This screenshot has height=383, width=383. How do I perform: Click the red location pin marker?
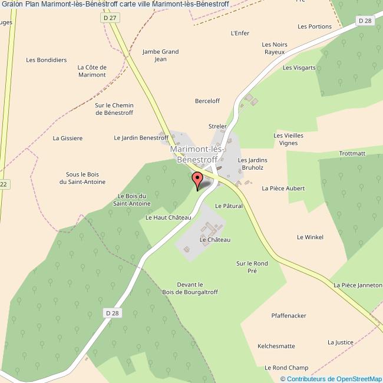click(197, 179)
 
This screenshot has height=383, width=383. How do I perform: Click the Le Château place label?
click(215, 240)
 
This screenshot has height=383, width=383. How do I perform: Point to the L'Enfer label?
click(240, 33)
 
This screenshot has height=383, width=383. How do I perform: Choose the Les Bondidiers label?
click(47, 60)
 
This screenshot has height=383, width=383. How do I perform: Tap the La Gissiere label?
click(68, 138)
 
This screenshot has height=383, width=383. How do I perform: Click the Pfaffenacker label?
click(289, 316)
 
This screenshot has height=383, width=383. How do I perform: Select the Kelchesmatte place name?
click(276, 346)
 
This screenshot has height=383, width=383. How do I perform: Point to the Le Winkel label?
click(310, 237)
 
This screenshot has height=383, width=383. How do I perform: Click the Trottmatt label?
click(352, 153)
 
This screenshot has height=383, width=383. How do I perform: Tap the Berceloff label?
click(207, 101)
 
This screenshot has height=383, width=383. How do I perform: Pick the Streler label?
click(217, 126)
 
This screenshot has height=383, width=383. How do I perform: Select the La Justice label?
click(341, 342)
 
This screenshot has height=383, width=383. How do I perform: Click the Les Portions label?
click(315, 27)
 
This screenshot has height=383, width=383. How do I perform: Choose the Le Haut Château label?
click(169, 217)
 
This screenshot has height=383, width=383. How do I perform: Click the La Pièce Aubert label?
click(283, 189)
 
